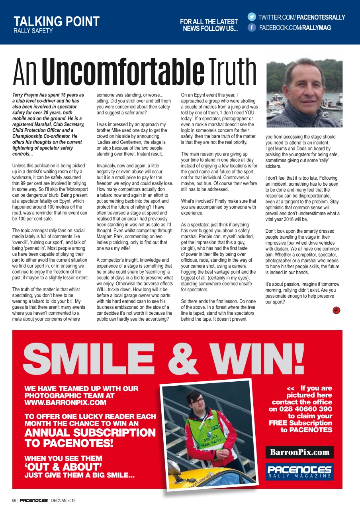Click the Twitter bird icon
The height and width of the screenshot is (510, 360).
[x=252, y=17]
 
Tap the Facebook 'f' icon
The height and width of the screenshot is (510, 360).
[x=252, y=27]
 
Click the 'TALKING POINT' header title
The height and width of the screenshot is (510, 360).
[x=57, y=21]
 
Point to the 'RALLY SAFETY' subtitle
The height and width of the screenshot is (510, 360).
[x=33, y=31]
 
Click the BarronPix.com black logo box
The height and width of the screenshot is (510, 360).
[x=299, y=452]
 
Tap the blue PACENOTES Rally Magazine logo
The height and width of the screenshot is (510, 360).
[x=299, y=472]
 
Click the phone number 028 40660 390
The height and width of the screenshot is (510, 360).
[x=301, y=409]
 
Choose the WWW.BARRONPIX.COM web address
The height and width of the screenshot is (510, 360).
[x=65, y=402]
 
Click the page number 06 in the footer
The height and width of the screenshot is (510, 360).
[x=14, y=500]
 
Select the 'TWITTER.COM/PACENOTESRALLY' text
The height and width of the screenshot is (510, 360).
[x=301, y=17]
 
